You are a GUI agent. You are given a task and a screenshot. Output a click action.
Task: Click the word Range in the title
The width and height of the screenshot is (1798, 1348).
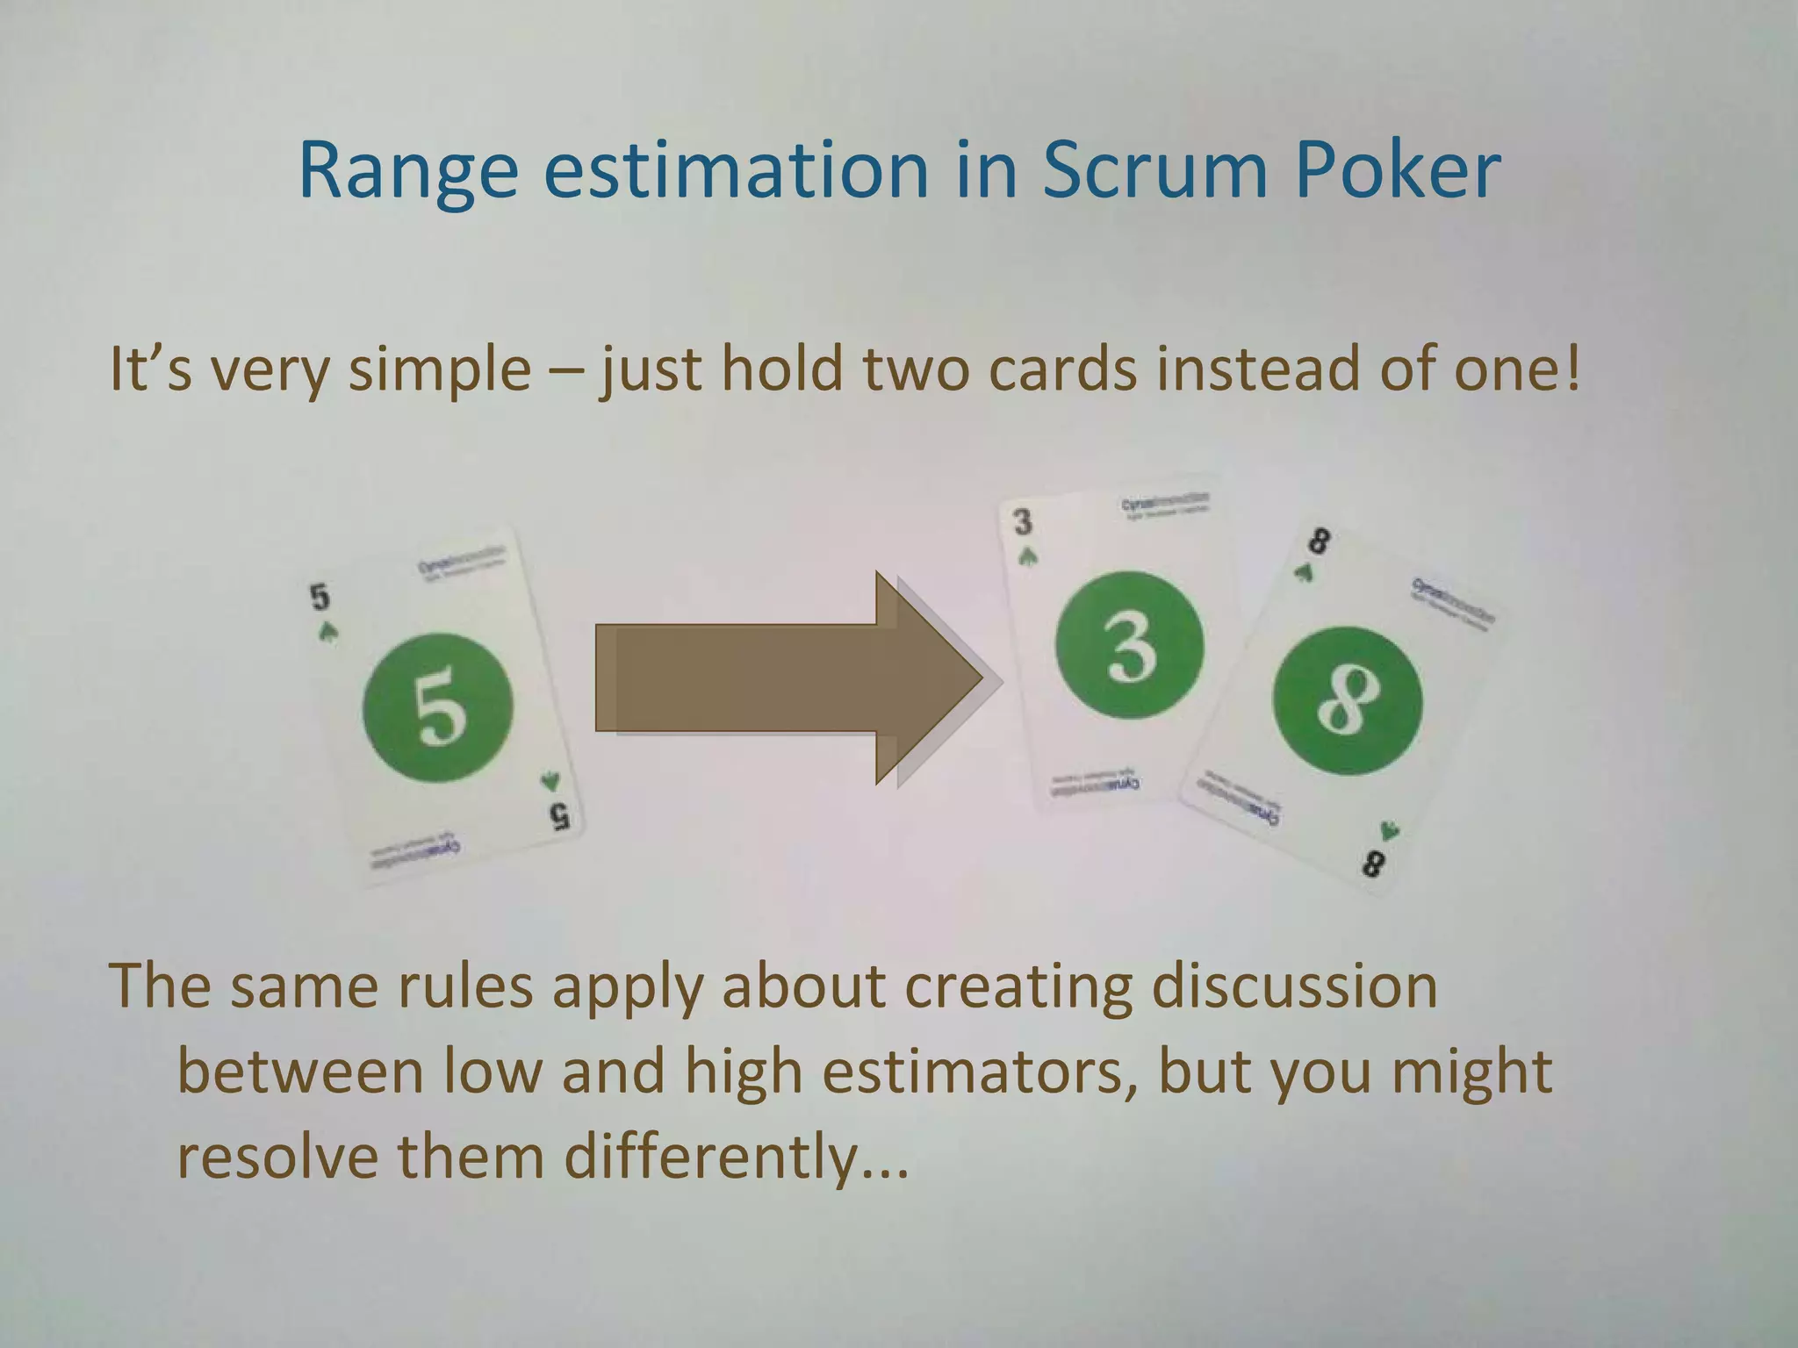pos(407,170)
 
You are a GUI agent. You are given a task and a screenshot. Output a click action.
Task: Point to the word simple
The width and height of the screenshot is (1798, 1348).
pos(439,369)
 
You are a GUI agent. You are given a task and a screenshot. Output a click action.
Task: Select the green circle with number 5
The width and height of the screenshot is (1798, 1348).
pos(437,707)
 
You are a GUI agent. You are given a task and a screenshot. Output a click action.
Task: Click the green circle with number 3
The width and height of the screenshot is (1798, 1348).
pos(1129,646)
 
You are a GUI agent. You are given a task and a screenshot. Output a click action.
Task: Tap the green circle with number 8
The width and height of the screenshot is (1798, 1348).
pos(1347,700)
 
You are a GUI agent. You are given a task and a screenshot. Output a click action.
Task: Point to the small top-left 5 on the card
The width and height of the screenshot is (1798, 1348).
pos(320,597)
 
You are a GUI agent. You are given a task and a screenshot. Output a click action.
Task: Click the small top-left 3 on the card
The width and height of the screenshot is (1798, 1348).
pos(1023,522)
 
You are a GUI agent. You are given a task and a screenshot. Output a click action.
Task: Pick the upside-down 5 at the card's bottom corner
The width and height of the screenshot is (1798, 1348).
pos(559,816)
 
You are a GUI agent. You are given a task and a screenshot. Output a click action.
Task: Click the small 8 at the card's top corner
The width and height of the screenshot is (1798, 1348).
pos(1318,541)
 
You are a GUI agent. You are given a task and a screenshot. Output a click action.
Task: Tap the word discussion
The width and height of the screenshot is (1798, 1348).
pos(1294,986)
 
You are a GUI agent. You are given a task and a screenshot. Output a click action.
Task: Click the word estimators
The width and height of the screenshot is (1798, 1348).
pos(973,1072)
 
